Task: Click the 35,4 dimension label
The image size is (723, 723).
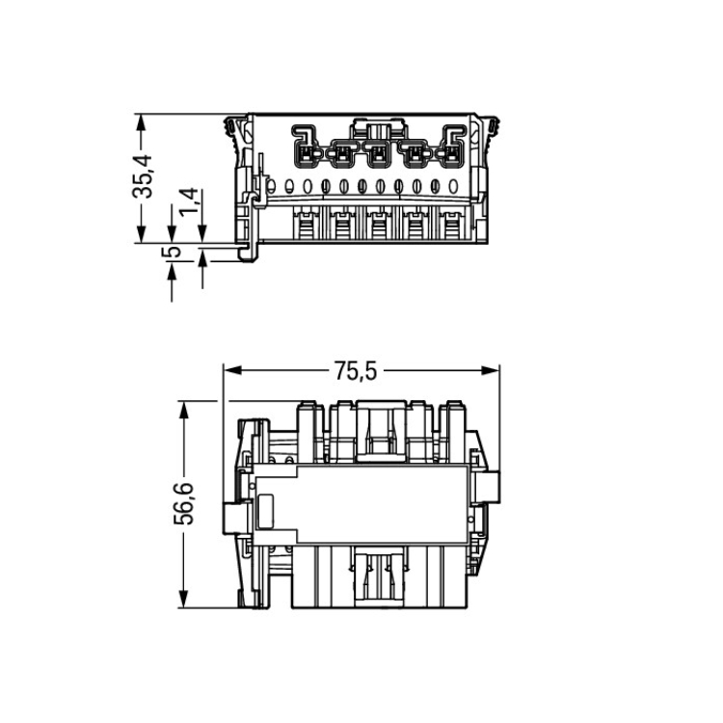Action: click(143, 176)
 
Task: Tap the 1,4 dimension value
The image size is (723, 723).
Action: click(189, 201)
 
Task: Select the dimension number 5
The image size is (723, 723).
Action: click(171, 252)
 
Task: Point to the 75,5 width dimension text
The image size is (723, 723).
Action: click(356, 371)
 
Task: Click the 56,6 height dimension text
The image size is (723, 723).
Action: click(183, 503)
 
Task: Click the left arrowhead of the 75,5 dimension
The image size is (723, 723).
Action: click(233, 370)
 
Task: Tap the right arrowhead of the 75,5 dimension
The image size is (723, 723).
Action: click(490, 370)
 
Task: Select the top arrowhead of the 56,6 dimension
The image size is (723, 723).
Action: click(184, 410)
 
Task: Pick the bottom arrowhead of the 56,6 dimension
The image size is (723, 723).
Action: click(184, 599)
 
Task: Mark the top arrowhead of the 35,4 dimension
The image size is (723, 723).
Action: click(141, 123)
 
